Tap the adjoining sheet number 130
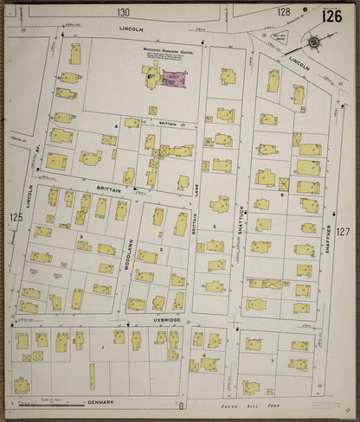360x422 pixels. tap(124, 12)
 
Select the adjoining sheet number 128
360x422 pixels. tap(284, 12)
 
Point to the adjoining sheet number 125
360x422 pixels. tap(16, 217)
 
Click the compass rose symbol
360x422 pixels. tap(313, 41)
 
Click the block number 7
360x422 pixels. tap(272, 360)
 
